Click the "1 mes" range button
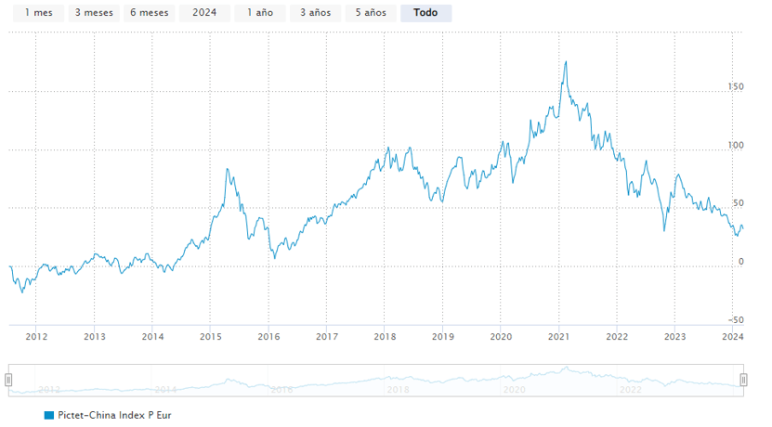38,13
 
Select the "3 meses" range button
93,13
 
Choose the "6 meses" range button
149,13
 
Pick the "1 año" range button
258,13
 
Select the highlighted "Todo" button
425,13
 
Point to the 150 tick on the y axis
737,86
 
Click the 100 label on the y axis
737,145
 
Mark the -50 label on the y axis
737,319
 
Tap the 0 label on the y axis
739,261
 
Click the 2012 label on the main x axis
36,337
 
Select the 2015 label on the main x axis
211,337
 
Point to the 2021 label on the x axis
558,337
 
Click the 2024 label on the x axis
732,337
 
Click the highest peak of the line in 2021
566,62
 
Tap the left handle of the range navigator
8,380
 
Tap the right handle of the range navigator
743,380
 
